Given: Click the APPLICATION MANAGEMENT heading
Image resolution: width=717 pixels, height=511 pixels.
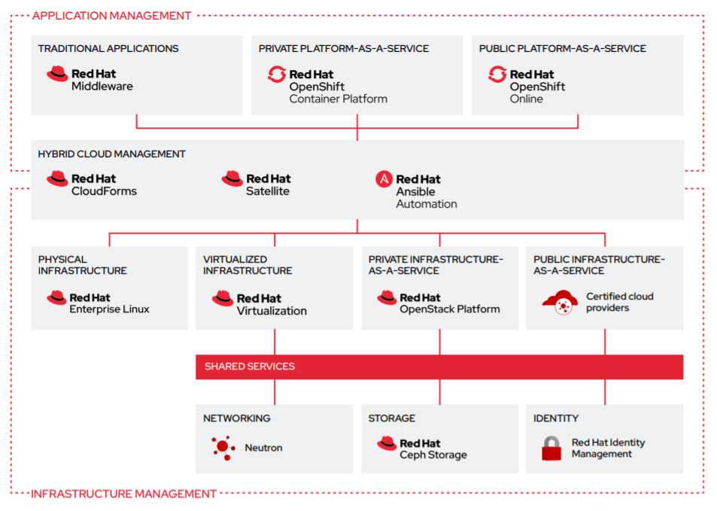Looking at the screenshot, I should pos(112,15).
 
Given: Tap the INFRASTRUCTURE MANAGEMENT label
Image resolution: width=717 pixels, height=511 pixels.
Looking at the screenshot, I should pos(123,494).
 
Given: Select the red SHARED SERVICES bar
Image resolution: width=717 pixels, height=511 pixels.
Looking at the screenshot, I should pos(439,367).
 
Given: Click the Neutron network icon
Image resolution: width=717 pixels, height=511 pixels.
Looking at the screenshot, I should pos(222,447).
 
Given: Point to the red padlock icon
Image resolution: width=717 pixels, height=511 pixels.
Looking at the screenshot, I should pos(551,449).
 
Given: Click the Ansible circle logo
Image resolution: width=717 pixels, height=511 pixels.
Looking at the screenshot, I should pos(384,179).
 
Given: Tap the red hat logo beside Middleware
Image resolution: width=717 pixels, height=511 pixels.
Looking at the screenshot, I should pos(57,74).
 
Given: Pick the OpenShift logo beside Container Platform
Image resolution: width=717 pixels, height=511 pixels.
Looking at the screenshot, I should pos(276,74).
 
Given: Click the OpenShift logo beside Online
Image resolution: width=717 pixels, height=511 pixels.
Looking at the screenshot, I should pos(497,74).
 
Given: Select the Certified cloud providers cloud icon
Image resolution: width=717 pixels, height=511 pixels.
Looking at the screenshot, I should pos(559,303).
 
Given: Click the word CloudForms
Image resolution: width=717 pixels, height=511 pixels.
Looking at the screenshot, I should pos(104,191).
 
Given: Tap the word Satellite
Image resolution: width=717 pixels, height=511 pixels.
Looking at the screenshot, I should pos(267,191).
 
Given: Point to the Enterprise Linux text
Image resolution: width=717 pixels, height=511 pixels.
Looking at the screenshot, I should pos(109,309).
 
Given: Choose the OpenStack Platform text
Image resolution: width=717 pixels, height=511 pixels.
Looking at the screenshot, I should pos(449,309).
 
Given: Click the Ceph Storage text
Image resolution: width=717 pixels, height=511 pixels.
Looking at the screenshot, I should pos(433,455).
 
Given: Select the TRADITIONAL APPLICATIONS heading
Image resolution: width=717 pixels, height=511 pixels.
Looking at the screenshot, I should pos(108,48).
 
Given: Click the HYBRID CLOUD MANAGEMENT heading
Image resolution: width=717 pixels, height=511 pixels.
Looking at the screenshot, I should pos(111,154).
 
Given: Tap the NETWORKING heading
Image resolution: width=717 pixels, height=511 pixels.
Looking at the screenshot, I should pos(236,418).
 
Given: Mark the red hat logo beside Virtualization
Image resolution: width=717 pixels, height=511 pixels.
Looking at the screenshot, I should pos(223,299).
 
